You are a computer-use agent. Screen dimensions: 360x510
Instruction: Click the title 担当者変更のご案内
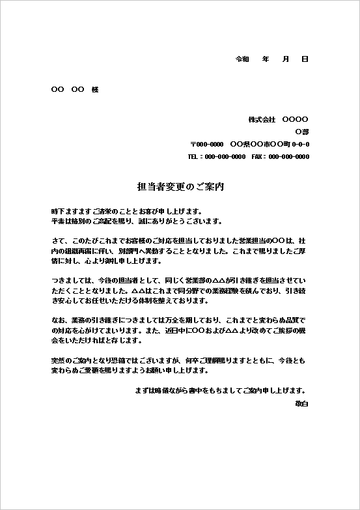point(180,186)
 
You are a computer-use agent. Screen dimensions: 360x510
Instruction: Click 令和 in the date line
point(242,59)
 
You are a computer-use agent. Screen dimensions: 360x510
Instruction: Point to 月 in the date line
point(285,59)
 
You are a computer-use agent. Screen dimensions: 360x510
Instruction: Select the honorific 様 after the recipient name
point(95,89)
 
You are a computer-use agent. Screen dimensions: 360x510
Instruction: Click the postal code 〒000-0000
point(207,144)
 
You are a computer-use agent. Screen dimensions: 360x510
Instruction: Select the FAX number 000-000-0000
point(289,156)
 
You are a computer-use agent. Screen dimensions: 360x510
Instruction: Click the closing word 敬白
point(301,404)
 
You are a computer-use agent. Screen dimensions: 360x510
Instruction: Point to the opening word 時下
point(57,212)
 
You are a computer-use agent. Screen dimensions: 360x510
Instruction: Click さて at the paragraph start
point(57,239)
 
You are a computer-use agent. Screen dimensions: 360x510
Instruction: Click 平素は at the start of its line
point(61,221)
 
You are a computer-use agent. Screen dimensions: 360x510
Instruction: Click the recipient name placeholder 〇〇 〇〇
point(67,89)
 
